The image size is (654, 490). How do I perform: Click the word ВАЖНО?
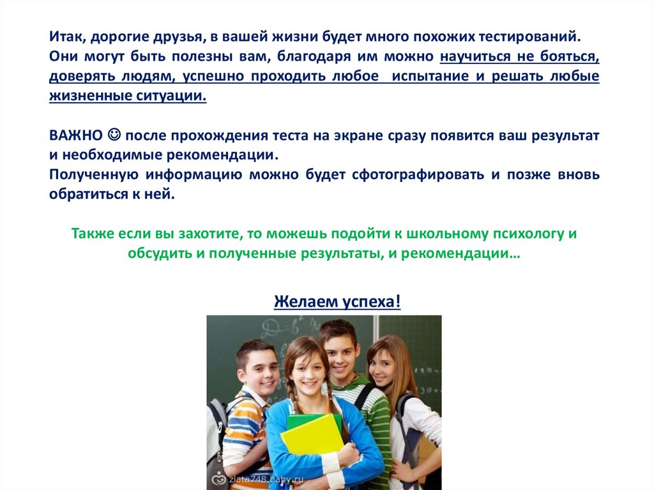coord(76,135)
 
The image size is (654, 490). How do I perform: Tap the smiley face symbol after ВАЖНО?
coord(114,135)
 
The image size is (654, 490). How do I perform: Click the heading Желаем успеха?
coord(337,301)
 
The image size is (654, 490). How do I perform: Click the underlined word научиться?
coord(475,56)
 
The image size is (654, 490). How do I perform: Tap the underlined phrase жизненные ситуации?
coord(128,96)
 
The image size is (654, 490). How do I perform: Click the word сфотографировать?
coord(418,174)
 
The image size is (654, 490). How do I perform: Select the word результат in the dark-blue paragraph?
coord(565,135)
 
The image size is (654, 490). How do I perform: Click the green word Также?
coord(93,233)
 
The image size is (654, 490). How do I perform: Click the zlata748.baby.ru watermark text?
coord(266,480)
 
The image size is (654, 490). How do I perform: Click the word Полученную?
coord(94,174)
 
